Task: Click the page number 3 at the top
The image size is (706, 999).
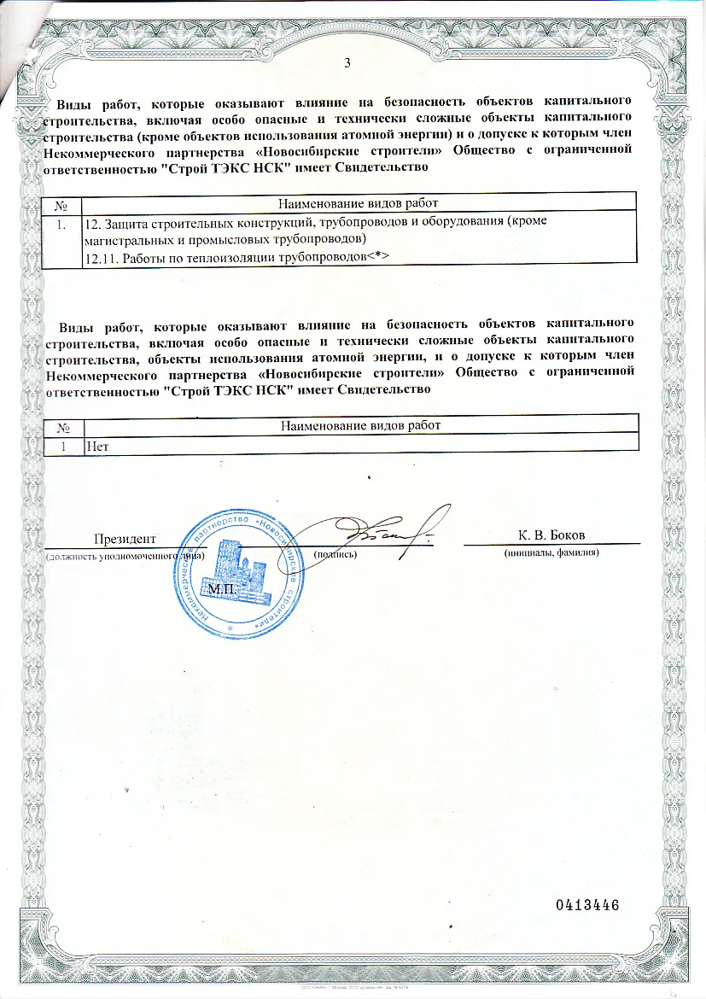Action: coord(347,62)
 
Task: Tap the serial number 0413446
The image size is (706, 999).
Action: coord(586,904)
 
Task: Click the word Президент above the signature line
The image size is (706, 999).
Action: coord(125,538)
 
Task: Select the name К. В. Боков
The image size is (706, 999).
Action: coord(551,535)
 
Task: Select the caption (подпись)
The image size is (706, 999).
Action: coord(335,553)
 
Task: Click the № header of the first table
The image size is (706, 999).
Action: coord(61,202)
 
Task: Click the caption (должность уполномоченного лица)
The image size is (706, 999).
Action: coord(125,554)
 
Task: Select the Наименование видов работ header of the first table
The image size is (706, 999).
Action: coord(359,202)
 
